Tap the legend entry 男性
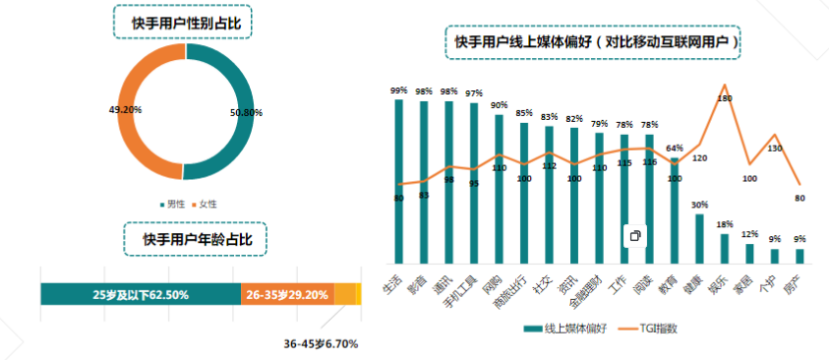coord(175,204)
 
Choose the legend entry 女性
coord(207,204)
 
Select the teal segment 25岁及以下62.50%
coord(141,294)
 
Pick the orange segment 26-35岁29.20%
coord(287,294)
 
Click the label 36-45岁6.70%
coord(321,344)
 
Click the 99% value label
coord(398,90)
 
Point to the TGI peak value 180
coord(726,98)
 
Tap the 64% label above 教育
coord(675,149)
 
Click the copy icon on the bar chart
coord(635,236)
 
